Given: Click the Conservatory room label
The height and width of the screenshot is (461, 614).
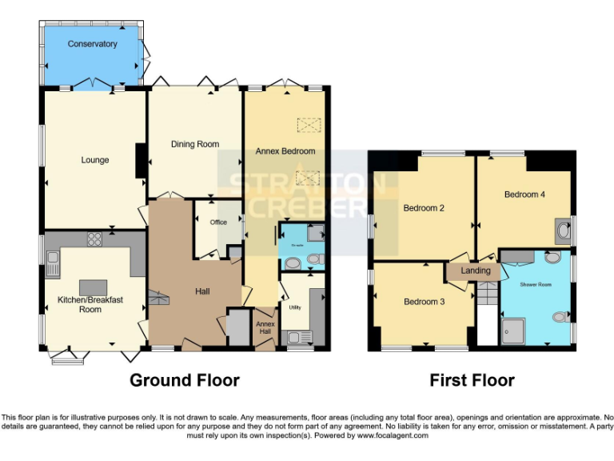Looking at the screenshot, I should [93, 44].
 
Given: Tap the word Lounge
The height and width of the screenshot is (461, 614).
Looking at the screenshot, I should [94, 160].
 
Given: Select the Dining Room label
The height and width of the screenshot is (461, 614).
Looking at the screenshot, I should [195, 145].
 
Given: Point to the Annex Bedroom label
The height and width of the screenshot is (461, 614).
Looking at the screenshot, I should [285, 150].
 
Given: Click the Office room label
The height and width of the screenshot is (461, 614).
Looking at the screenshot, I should [218, 222].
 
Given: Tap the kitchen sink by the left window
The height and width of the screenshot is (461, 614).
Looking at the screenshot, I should [54, 259].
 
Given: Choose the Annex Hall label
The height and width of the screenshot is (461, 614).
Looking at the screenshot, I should [265, 327].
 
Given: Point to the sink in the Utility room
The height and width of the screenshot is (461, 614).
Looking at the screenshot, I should [297, 337].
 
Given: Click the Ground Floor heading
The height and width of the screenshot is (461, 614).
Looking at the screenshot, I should [184, 380].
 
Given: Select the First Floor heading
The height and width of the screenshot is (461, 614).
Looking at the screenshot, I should [472, 380].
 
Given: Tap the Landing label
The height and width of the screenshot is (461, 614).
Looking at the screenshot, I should [476, 271].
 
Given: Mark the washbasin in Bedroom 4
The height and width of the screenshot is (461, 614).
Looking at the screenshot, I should [564, 231].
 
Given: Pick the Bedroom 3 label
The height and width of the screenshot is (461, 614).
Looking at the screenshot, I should [424, 302].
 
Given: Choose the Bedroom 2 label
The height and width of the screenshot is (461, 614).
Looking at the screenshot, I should [424, 208].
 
